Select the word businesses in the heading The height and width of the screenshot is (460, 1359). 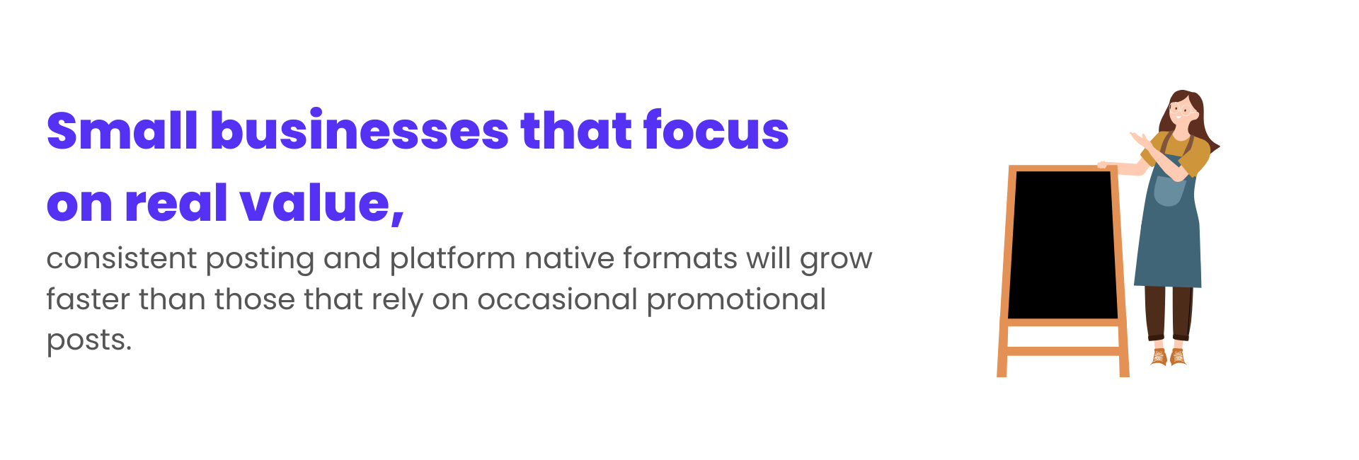360,131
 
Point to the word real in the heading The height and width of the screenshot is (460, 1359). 176,203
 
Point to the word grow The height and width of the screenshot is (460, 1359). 836,261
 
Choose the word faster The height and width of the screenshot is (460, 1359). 88,299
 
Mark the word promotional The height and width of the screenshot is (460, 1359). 736,301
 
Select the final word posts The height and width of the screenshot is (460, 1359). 89,342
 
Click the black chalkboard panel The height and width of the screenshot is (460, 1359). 1062,245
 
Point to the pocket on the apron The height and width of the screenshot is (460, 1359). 1169,190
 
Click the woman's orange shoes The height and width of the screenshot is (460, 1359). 1168,356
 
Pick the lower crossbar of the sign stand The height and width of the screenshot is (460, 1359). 1062,351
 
